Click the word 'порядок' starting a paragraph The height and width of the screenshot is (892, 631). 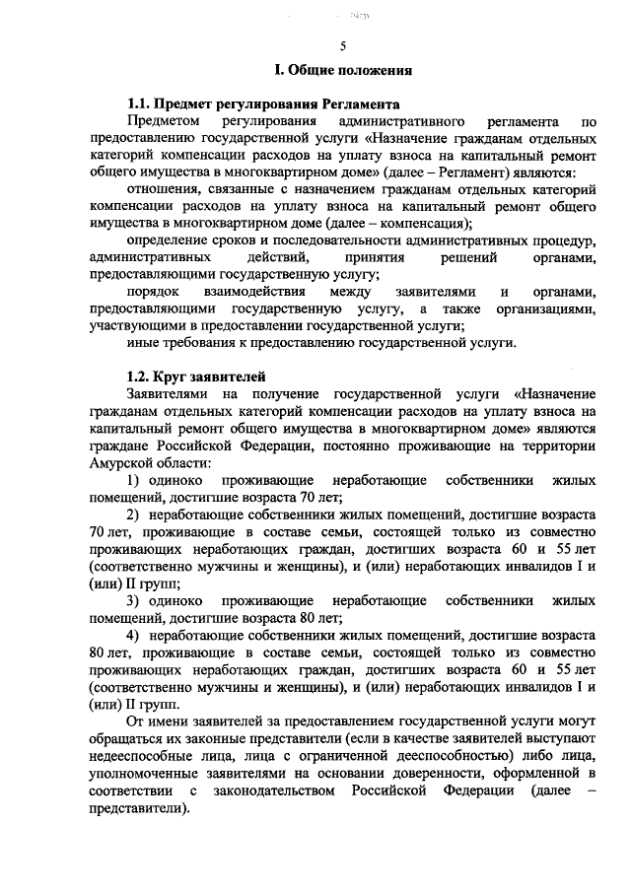click(x=153, y=293)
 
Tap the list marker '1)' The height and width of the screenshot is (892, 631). click(x=133, y=480)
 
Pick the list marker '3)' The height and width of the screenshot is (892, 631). click(x=133, y=600)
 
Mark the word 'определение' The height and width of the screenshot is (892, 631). click(x=169, y=240)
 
